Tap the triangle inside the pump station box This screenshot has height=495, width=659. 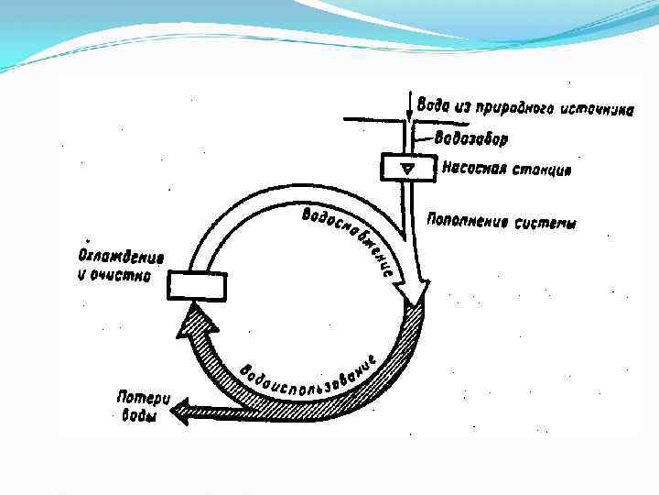pos(407,168)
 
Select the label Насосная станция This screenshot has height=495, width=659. pos(508,169)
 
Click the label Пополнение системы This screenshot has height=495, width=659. pos(502,222)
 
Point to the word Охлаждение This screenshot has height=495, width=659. pos(114,256)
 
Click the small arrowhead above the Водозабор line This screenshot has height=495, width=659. pos(409,114)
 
